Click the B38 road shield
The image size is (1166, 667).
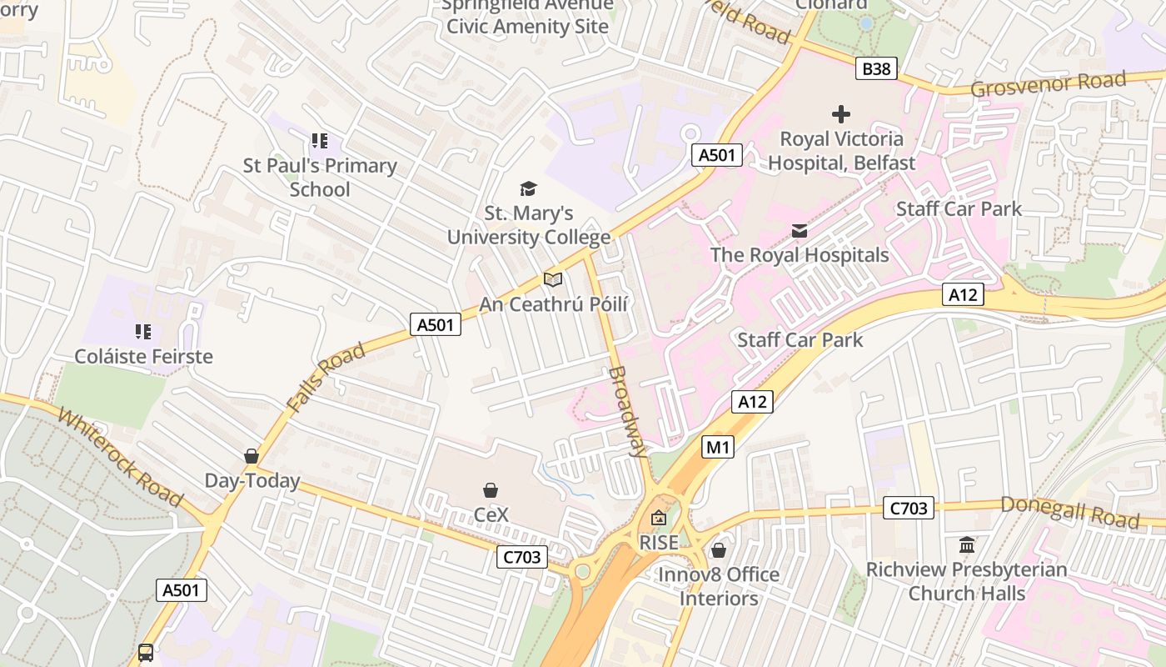pos(876,69)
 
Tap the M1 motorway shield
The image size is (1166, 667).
pos(717,448)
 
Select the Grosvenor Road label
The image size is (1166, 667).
pos(1048,84)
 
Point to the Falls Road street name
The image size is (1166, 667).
pos(326,377)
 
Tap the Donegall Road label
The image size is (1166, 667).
pos(1069,511)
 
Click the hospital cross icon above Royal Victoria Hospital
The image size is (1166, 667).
pos(841,114)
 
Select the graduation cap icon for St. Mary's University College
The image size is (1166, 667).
pos(528,189)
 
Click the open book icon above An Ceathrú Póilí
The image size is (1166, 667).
pos(553,279)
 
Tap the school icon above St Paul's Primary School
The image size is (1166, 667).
pos(320,142)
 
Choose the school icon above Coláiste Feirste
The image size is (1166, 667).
pos(143,332)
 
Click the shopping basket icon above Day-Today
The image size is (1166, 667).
pos(252,456)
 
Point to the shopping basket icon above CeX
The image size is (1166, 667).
pos(491,490)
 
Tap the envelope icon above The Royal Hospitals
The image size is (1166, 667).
pos(800,231)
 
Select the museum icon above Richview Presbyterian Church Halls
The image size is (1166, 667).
pos(967,545)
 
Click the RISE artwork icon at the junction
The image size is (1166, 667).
pos(659,519)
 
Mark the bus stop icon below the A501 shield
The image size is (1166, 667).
pos(146,652)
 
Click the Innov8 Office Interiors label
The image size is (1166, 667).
pos(719,586)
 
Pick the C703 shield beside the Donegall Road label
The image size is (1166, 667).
pos(909,508)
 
